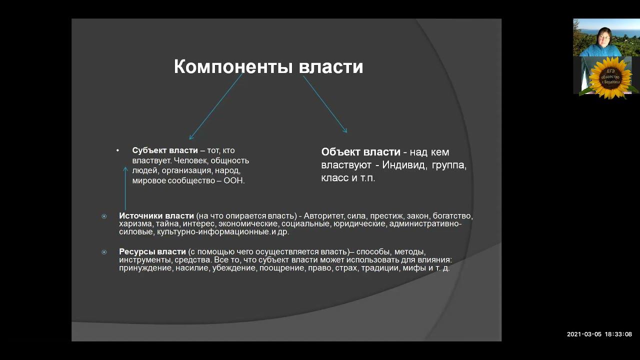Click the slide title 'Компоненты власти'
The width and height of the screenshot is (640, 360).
click(x=268, y=67)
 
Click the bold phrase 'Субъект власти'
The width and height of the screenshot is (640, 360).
click(x=165, y=150)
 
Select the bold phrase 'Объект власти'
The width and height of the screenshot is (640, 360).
click(x=360, y=152)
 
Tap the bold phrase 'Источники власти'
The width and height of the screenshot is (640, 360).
click(x=156, y=216)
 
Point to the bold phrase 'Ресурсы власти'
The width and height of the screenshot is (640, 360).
click(x=152, y=251)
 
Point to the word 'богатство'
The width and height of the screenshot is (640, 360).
click(x=452, y=216)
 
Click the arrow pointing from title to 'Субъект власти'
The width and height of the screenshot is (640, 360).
click(x=215, y=106)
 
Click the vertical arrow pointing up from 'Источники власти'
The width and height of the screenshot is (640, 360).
click(x=125, y=188)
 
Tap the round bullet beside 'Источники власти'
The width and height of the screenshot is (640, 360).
click(x=104, y=216)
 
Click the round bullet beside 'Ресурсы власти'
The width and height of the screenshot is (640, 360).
click(x=104, y=252)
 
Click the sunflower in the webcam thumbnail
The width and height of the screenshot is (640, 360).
click(x=609, y=77)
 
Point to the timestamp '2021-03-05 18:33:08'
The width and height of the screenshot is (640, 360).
click(x=599, y=334)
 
